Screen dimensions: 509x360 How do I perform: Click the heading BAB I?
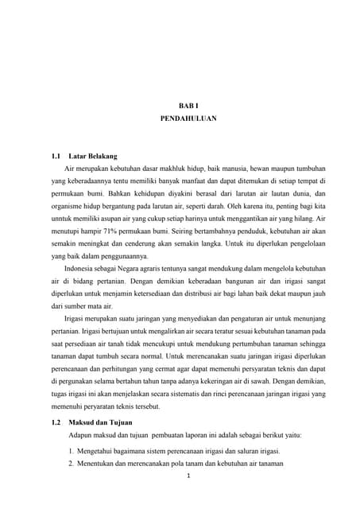coord(184,104)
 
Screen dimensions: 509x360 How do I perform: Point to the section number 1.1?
coord(56,157)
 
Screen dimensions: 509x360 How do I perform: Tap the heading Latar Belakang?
coord(93,157)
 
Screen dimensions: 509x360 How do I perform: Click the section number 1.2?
coord(56,422)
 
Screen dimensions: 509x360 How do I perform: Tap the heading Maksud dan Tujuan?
coord(101,422)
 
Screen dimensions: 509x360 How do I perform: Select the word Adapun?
coord(83,435)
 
